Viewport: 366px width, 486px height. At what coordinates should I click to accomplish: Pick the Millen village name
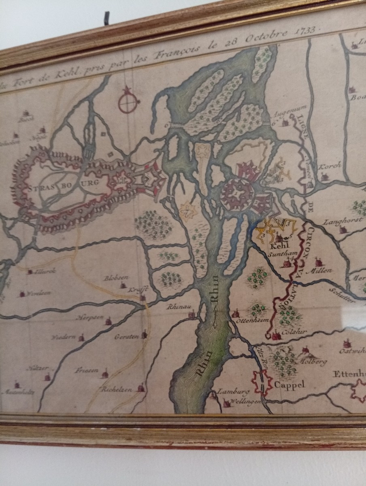click(x=321, y=270)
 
